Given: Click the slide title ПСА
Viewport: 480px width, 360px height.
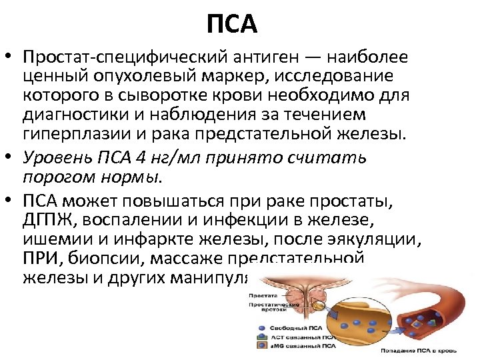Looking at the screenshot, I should click(x=231, y=25).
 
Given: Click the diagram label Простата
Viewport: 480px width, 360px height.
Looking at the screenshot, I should click(x=263, y=295).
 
